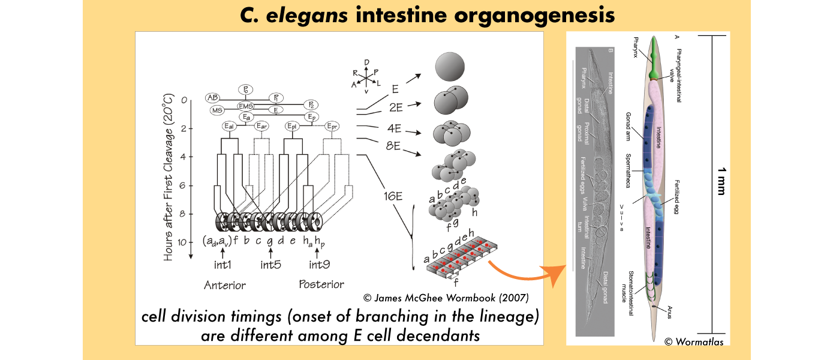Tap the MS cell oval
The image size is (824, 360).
217,110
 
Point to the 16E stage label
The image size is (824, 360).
392,196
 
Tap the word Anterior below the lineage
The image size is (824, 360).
225,285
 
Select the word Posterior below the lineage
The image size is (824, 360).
321,284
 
